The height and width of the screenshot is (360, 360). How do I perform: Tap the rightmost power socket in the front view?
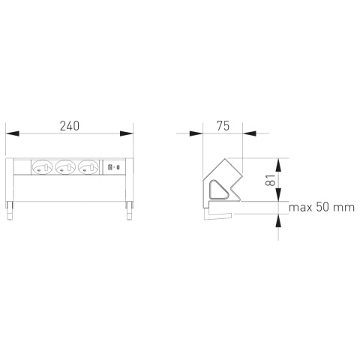tap(88, 169)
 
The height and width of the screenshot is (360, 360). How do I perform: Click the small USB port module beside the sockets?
tap(115, 169)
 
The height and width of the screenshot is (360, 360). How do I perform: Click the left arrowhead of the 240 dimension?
tap(12, 135)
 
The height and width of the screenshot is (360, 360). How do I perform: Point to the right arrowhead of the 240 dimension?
tap(127, 135)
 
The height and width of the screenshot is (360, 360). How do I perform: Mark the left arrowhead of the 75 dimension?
tap(196, 135)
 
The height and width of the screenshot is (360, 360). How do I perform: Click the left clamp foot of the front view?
tap(10, 211)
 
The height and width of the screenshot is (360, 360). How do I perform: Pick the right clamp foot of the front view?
tap(129, 211)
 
